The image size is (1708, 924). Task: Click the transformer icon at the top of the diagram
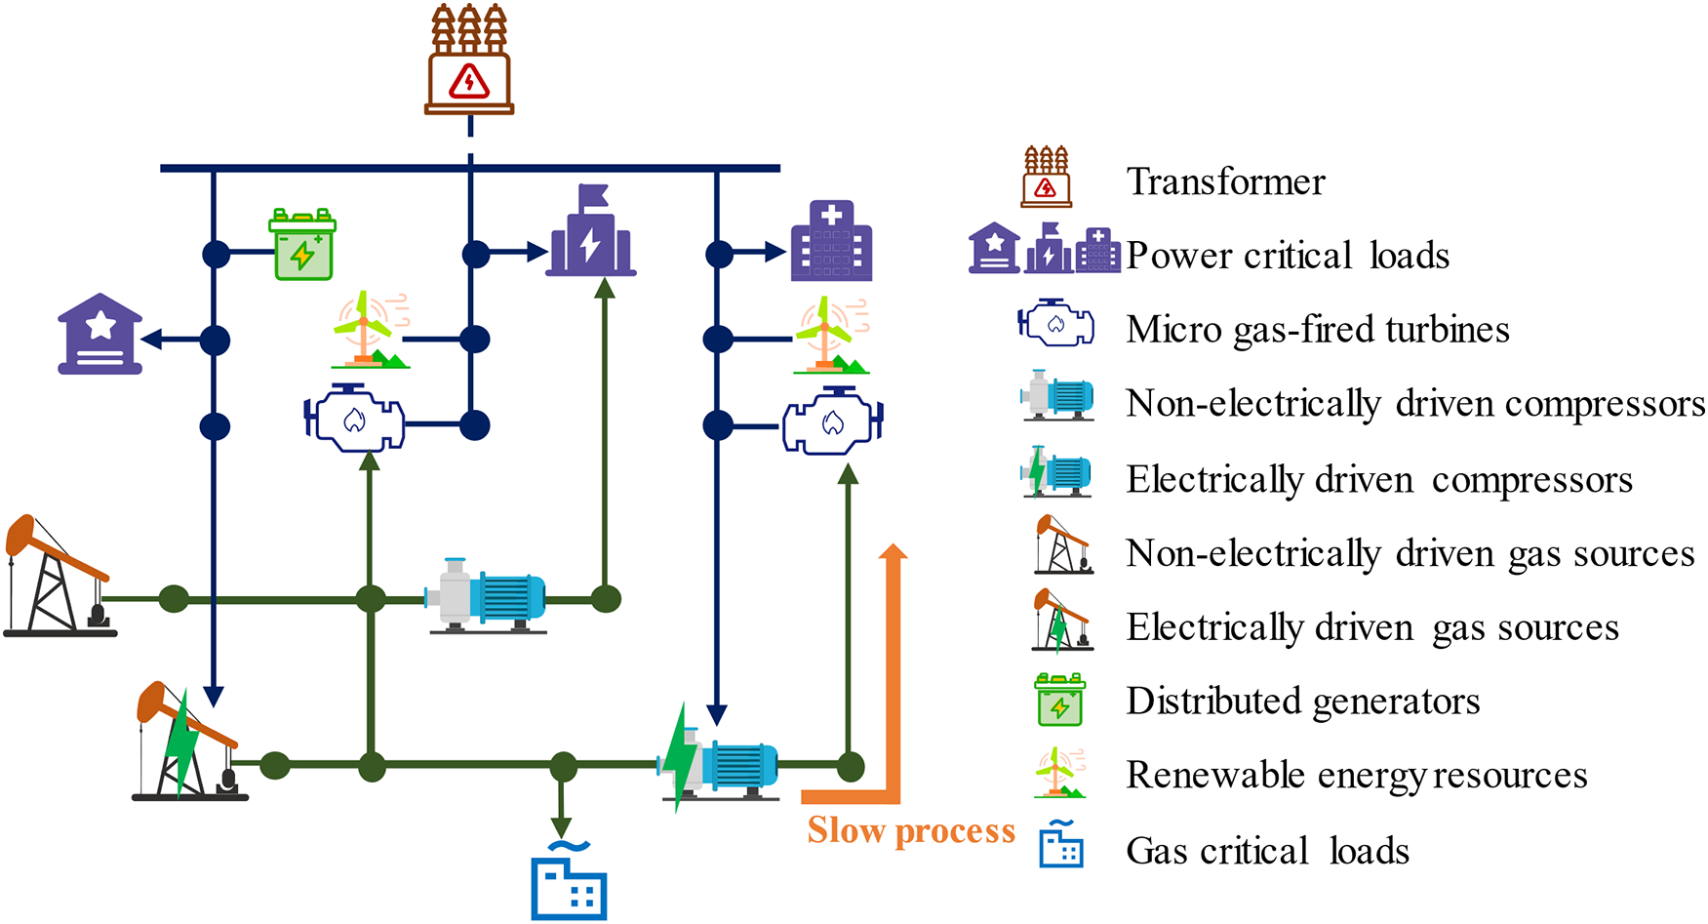(x=469, y=60)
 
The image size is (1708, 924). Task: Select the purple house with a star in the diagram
(x=99, y=334)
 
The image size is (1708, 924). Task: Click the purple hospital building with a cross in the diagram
(x=831, y=241)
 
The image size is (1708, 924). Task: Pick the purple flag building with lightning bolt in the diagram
(x=591, y=230)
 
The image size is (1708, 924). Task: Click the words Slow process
(x=911, y=830)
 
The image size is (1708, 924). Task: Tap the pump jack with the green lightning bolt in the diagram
(x=189, y=742)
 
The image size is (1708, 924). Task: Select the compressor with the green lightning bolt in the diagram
(x=718, y=757)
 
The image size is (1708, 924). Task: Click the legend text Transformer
(x=1225, y=181)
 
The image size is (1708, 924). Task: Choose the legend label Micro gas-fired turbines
(x=1318, y=330)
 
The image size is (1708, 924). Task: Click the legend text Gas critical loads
(x=1268, y=851)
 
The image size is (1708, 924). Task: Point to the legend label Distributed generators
(x=1303, y=701)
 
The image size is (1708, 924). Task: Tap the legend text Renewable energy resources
(x=1357, y=775)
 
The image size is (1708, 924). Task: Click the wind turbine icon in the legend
(x=1060, y=773)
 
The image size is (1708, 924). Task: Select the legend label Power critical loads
(x=1288, y=256)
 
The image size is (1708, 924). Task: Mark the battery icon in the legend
(x=1059, y=700)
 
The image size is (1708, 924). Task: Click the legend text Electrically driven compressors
(x=1379, y=479)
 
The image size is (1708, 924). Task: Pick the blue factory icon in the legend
(x=1060, y=844)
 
